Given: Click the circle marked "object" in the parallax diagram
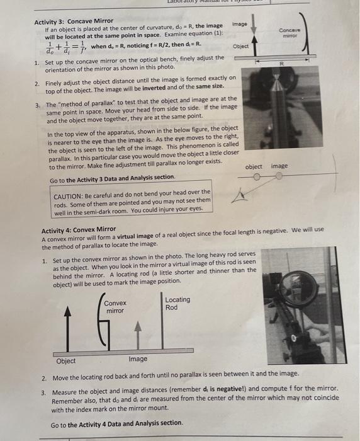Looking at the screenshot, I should tap(256, 177).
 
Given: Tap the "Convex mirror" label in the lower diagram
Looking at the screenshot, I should tap(115, 307).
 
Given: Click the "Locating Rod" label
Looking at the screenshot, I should tap(177, 304).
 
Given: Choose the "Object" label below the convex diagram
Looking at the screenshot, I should tap(66, 360).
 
